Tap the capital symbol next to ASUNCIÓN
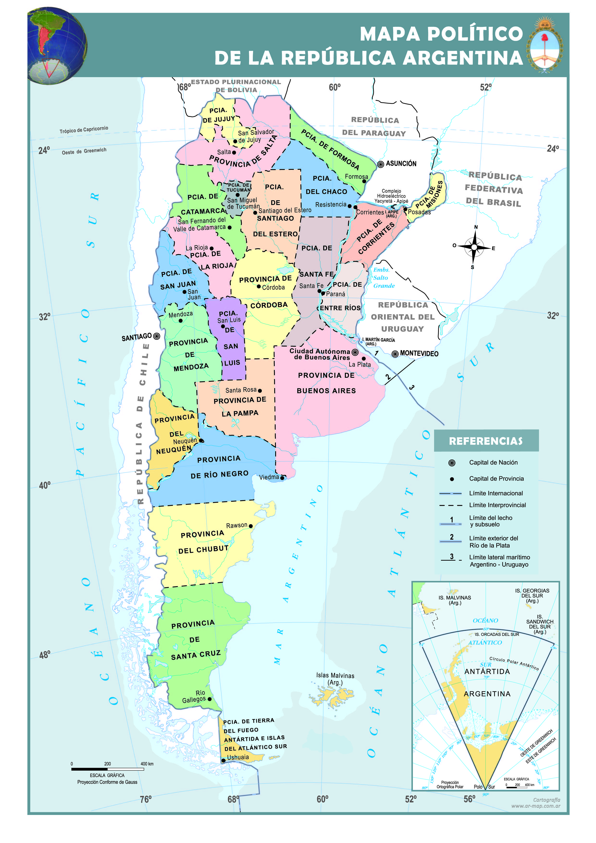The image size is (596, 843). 381,164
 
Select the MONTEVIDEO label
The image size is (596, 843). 419,353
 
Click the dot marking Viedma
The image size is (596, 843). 282,478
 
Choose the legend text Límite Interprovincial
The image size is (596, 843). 497,505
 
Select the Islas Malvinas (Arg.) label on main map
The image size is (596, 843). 335,679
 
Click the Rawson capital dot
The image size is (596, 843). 251,526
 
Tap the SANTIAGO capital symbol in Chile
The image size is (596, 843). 157,336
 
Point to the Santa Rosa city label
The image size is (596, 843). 241,390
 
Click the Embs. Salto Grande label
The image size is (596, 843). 384,278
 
